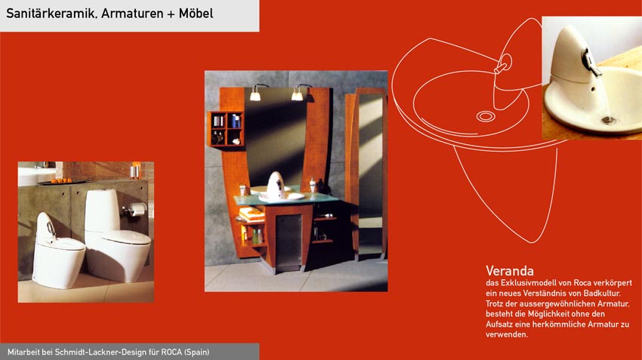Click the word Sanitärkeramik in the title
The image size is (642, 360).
coord(51,14)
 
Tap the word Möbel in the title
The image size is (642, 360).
coord(196,13)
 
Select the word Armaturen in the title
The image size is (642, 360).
coord(132,14)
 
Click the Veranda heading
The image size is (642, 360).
coord(510,271)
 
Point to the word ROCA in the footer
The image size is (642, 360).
coord(171,352)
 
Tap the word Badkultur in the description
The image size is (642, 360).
coord(602,294)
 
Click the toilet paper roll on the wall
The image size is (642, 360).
coord(138,209)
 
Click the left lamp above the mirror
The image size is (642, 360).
coord(255,95)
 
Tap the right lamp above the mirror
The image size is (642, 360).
coord(297,94)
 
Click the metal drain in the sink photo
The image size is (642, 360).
coord(609,120)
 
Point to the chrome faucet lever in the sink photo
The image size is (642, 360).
coord(590,62)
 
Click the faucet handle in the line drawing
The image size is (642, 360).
coord(503,66)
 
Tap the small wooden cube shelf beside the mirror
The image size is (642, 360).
coord(226,129)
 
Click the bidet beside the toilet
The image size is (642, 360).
coord(57,251)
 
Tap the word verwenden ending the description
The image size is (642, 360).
coord(507,334)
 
